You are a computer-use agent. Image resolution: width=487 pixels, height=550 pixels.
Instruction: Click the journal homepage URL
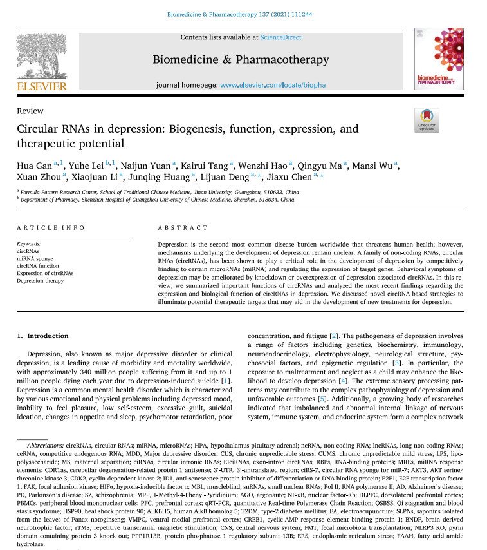click(273, 85)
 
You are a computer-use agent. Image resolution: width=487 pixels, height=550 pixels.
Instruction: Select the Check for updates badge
click(427, 120)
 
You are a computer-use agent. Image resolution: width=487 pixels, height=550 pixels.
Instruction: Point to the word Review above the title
click(30, 111)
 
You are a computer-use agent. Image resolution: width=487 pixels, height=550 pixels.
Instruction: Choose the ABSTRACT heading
click(183, 228)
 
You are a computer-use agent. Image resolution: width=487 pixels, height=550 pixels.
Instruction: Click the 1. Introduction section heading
click(42, 336)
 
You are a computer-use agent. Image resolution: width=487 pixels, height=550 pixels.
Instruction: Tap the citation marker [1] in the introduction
click(226, 381)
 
